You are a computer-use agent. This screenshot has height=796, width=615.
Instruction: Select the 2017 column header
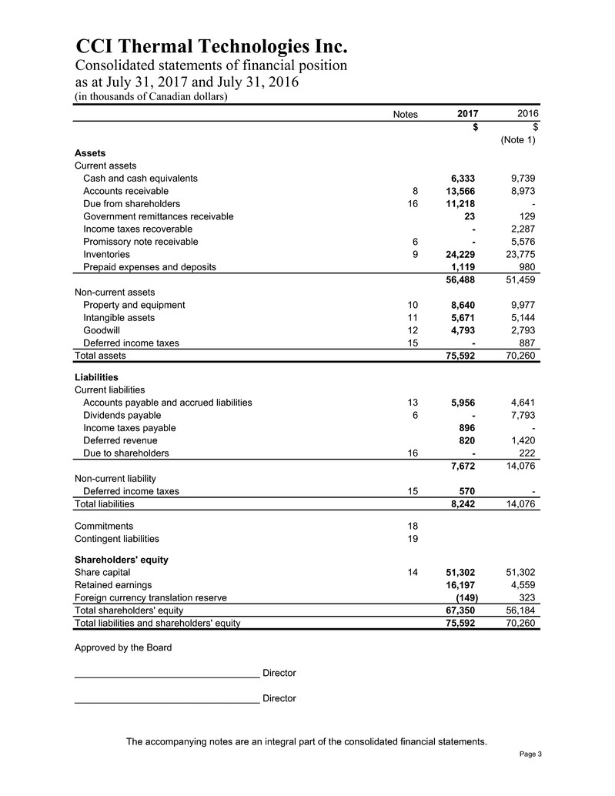(x=466, y=114)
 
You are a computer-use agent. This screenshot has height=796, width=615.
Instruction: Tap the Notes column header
(x=405, y=114)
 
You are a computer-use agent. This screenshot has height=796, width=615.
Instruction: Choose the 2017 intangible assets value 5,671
(x=463, y=317)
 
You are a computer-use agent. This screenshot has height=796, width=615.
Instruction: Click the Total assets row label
(x=100, y=356)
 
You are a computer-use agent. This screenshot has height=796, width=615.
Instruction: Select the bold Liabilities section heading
(x=96, y=377)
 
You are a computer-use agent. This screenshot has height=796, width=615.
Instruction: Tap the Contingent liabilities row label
(x=117, y=539)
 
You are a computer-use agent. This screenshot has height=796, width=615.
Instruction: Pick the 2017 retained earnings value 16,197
(x=460, y=585)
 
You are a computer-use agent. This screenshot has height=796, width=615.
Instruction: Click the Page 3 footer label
(x=530, y=754)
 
